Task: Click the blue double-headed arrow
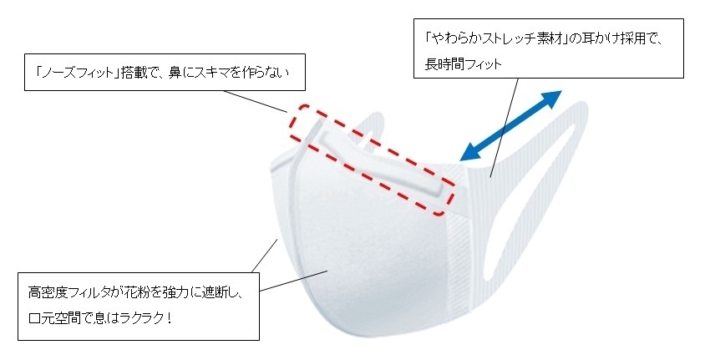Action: (510, 124)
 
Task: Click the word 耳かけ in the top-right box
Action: (594, 39)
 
